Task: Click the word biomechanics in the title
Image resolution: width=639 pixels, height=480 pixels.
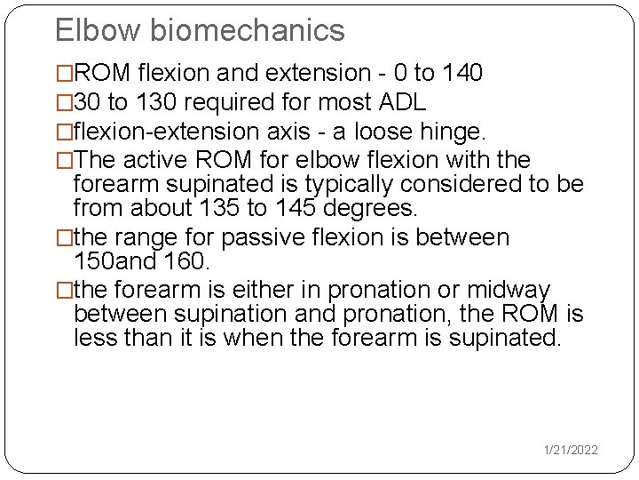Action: click(x=248, y=30)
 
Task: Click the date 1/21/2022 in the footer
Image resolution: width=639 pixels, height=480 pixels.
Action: click(x=571, y=451)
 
